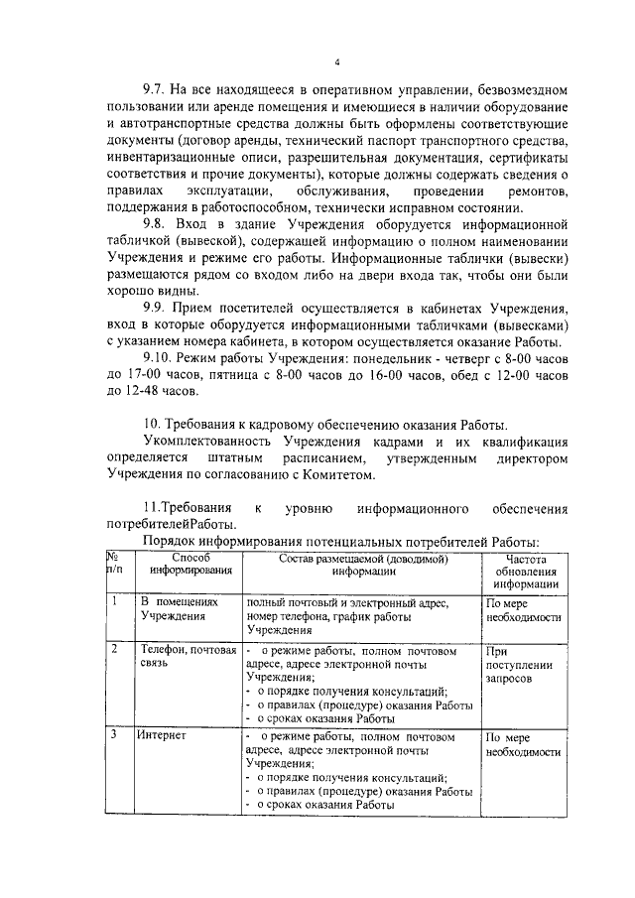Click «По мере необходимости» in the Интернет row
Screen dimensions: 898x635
[524, 744]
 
